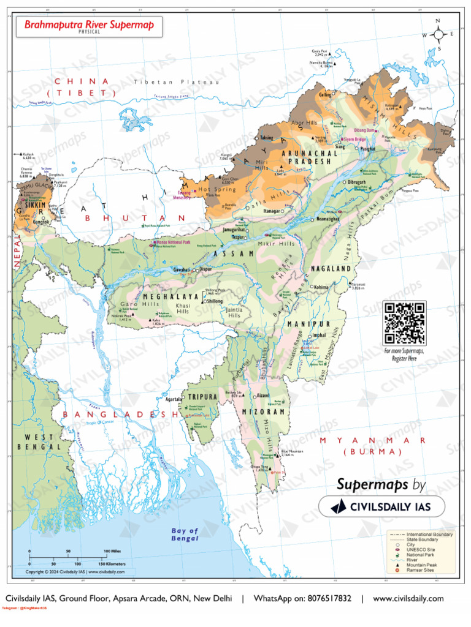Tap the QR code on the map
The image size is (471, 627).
(404, 323)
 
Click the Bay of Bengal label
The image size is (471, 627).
(185, 534)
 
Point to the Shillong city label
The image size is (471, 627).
(215, 301)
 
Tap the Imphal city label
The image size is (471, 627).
(320, 336)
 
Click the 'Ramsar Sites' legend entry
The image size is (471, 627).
(420, 571)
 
